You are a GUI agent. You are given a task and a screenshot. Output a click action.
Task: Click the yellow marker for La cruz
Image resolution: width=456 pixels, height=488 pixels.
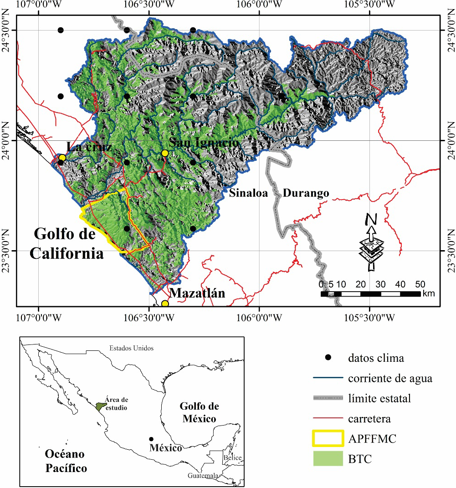[62, 158]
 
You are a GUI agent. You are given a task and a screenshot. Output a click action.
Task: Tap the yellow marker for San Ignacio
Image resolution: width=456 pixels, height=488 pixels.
[165, 153]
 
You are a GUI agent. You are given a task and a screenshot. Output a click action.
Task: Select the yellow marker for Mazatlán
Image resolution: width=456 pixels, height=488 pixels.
[165, 303]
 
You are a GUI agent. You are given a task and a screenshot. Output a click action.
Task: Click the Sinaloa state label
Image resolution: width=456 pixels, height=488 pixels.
[249, 193]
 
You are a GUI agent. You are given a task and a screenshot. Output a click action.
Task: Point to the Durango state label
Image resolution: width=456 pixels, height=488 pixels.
[306, 193]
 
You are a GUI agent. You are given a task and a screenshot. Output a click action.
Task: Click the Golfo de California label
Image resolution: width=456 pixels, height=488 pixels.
[67, 244]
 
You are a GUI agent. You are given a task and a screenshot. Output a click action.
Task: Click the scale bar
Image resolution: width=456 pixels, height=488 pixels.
[370, 294]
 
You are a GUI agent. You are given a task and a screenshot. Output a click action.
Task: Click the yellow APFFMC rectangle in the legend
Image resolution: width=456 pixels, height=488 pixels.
[328, 439]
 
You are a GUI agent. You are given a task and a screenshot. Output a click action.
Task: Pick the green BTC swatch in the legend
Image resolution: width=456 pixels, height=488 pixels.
[328, 458]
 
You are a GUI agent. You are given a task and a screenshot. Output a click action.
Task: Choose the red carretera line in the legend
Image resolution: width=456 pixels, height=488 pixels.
[328, 418]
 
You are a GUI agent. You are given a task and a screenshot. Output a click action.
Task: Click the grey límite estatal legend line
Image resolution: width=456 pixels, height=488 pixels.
[328, 398]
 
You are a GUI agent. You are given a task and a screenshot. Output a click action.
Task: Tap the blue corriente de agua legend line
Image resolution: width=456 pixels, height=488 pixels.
[328, 378]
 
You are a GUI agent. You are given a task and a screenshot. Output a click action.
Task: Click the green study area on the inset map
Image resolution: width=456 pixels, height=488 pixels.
[101, 406]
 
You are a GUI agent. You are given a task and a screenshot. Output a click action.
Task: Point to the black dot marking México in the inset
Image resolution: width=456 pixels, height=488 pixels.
[151, 439]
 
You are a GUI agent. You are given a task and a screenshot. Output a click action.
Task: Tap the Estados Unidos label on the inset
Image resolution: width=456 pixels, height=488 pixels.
[131, 348]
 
